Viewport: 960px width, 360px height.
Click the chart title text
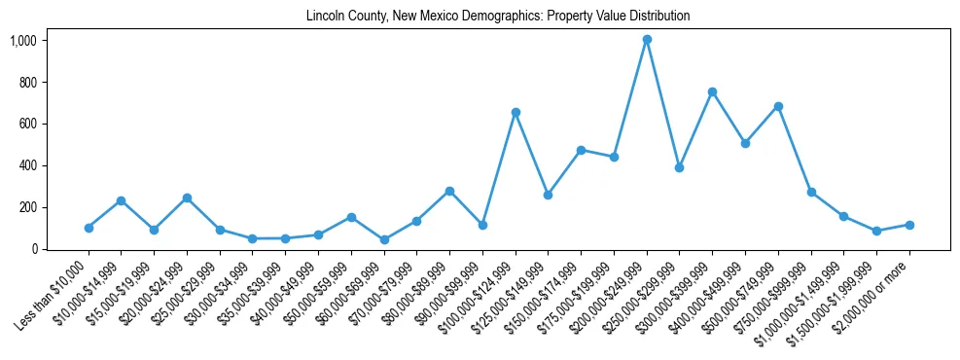point(498,17)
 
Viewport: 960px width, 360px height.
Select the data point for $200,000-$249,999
point(647,40)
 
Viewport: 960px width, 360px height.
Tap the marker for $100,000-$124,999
point(516,112)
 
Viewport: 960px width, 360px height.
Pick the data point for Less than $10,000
point(89,228)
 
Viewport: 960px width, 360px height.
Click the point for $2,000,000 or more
point(909,225)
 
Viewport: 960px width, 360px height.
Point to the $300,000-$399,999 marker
point(712,91)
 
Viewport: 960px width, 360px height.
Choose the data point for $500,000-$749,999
point(778,106)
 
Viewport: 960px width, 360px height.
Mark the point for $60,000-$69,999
point(384,239)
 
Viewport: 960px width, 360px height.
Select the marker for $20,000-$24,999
point(187,198)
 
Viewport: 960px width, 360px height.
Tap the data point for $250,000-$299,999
point(680,167)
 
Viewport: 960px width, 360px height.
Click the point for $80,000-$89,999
point(449,191)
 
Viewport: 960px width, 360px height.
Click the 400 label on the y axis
point(27,165)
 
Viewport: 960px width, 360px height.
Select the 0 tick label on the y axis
point(33,249)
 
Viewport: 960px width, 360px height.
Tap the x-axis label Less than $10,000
point(53,296)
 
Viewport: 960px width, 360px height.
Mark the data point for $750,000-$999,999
point(811,193)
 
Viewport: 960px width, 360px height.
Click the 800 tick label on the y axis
point(27,83)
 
